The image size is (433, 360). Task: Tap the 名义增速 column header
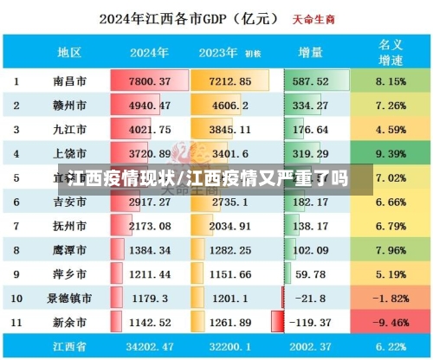(x=391, y=51)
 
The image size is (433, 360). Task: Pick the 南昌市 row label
(x=68, y=81)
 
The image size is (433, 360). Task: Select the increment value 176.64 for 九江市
(x=312, y=130)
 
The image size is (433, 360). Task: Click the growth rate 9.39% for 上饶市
(x=391, y=154)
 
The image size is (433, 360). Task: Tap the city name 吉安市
(x=68, y=202)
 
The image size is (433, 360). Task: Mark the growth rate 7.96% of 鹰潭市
(x=391, y=250)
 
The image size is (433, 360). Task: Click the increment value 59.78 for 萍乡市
(x=312, y=274)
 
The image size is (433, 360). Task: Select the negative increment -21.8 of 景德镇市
(x=312, y=299)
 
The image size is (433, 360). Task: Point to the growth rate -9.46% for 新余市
(x=391, y=323)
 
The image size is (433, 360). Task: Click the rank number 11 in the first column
(x=16, y=323)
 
